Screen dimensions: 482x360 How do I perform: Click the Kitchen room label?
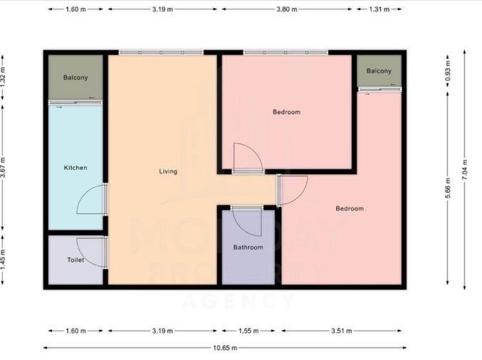point(75,168)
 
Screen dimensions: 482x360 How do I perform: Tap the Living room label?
point(168,171)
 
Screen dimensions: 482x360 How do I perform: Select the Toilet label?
point(75,260)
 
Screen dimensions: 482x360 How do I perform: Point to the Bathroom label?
point(248,248)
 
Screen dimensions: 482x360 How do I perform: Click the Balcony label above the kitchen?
point(75,78)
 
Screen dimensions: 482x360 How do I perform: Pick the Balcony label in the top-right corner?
point(379,71)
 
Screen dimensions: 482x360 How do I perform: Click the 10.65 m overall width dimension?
point(225,348)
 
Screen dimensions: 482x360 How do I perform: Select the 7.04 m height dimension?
point(464,170)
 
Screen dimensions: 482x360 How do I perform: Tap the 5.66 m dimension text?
point(448,188)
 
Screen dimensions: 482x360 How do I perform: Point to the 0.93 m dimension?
point(448,70)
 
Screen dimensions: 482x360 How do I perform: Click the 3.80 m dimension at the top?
point(287,9)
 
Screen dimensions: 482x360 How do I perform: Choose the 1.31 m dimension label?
point(379,9)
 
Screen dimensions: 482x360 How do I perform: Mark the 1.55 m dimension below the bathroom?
point(248,331)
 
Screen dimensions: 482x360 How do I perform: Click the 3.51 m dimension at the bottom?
point(342,331)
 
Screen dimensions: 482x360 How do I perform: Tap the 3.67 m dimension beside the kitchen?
point(3,167)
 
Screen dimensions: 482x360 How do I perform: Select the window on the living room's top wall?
point(161,53)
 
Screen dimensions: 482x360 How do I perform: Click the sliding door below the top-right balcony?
point(380,90)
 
